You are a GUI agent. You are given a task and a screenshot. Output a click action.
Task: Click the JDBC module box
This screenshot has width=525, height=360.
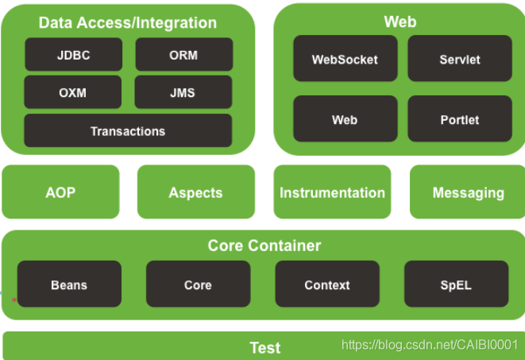[74, 54]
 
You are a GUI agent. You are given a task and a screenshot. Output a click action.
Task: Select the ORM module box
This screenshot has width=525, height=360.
[184, 54]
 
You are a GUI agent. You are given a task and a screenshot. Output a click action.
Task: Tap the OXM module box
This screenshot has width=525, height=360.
[73, 91]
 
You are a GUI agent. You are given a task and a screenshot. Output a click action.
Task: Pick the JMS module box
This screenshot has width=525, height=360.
[183, 91]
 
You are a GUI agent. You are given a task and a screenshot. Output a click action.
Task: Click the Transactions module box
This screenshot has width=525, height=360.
[128, 130]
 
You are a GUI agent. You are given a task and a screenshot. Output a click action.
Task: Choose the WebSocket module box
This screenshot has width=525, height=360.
[345, 58]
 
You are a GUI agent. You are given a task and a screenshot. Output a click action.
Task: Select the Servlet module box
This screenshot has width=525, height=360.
[460, 58]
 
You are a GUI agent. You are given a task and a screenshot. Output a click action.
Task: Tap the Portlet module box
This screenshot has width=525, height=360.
[460, 118]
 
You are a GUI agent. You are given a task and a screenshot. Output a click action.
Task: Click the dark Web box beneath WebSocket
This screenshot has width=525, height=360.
[345, 118]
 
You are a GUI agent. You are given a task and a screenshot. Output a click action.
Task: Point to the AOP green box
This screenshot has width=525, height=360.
[60, 192]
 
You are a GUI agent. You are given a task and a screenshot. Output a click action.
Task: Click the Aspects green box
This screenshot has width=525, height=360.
[196, 192]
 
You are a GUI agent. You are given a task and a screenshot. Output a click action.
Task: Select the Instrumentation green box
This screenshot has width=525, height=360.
[333, 192]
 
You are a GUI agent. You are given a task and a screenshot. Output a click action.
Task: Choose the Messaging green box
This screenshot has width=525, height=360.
[468, 192]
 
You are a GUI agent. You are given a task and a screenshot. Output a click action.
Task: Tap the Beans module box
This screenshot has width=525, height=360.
[69, 284]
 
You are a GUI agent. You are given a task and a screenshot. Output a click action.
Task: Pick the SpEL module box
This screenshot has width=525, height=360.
[457, 284]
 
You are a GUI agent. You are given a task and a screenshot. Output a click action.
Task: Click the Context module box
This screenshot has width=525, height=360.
[327, 284]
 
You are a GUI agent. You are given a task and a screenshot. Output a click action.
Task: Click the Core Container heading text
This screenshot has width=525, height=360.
[264, 246]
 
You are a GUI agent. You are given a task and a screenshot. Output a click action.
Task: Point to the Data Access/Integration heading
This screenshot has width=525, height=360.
[128, 23]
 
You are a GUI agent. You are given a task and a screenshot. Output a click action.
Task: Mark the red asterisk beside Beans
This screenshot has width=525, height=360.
[14, 300]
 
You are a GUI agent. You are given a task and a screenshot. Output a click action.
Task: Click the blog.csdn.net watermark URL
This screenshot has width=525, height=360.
[430, 345]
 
